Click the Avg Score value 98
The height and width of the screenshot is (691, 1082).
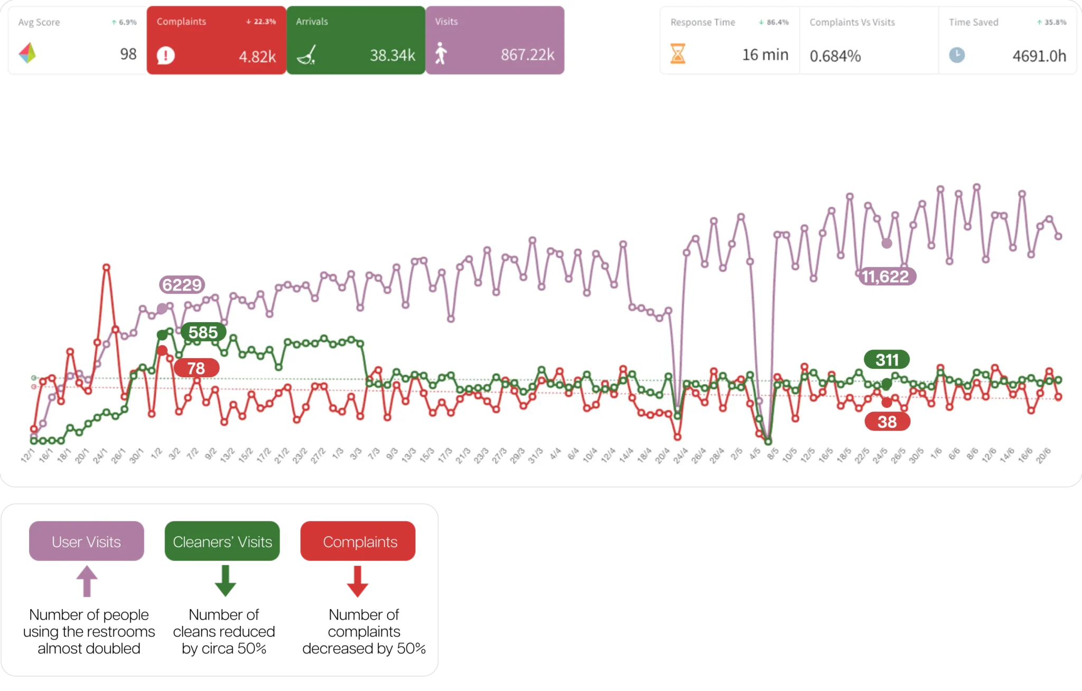point(128,54)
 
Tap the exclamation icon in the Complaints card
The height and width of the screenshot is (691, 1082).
point(166,55)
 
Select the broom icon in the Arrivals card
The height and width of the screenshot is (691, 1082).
point(306,54)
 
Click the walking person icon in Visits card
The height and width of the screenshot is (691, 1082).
point(441,54)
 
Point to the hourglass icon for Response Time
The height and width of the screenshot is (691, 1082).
point(678,54)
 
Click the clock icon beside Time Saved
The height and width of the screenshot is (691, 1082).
point(957,55)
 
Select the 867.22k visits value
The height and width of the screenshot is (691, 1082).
point(527,54)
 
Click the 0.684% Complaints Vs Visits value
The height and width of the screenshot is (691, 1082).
point(835,55)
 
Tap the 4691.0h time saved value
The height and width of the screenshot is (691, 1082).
point(1039,55)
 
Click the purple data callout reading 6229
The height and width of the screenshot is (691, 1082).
point(182,285)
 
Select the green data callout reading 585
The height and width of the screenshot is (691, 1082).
point(203,332)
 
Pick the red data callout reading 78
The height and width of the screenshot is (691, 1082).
point(196,368)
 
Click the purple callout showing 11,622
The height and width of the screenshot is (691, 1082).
point(885,276)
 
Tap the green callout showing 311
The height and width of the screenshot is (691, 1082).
point(887,360)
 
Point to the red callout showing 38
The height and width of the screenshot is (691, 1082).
point(887,422)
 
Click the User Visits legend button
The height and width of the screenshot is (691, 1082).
point(86,541)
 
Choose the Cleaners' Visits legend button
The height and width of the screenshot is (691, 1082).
point(222,541)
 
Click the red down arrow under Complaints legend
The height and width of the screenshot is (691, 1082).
point(358,582)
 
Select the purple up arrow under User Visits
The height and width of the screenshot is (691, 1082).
point(87,581)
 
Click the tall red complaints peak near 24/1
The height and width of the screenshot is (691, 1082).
point(107,268)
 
